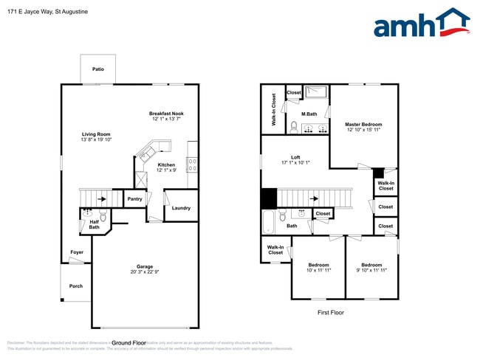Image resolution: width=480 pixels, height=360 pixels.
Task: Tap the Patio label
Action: click(98, 69)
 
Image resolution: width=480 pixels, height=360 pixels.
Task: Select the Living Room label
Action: click(96, 134)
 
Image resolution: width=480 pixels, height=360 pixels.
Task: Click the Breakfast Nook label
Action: click(165, 113)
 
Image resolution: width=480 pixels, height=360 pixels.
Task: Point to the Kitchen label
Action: click(166, 165)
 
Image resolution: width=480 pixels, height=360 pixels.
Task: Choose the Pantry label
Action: click(134, 198)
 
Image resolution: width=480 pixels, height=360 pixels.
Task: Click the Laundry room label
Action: click(181, 208)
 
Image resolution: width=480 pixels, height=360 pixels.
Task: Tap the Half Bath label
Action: click(94, 224)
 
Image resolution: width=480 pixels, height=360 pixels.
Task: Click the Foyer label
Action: click(76, 252)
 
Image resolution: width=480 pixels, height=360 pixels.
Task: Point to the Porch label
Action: click(75, 286)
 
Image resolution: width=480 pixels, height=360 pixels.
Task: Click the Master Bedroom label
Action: click(363, 124)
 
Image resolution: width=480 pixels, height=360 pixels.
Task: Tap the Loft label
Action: click(295, 157)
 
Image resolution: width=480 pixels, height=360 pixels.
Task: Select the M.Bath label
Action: click(309, 114)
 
